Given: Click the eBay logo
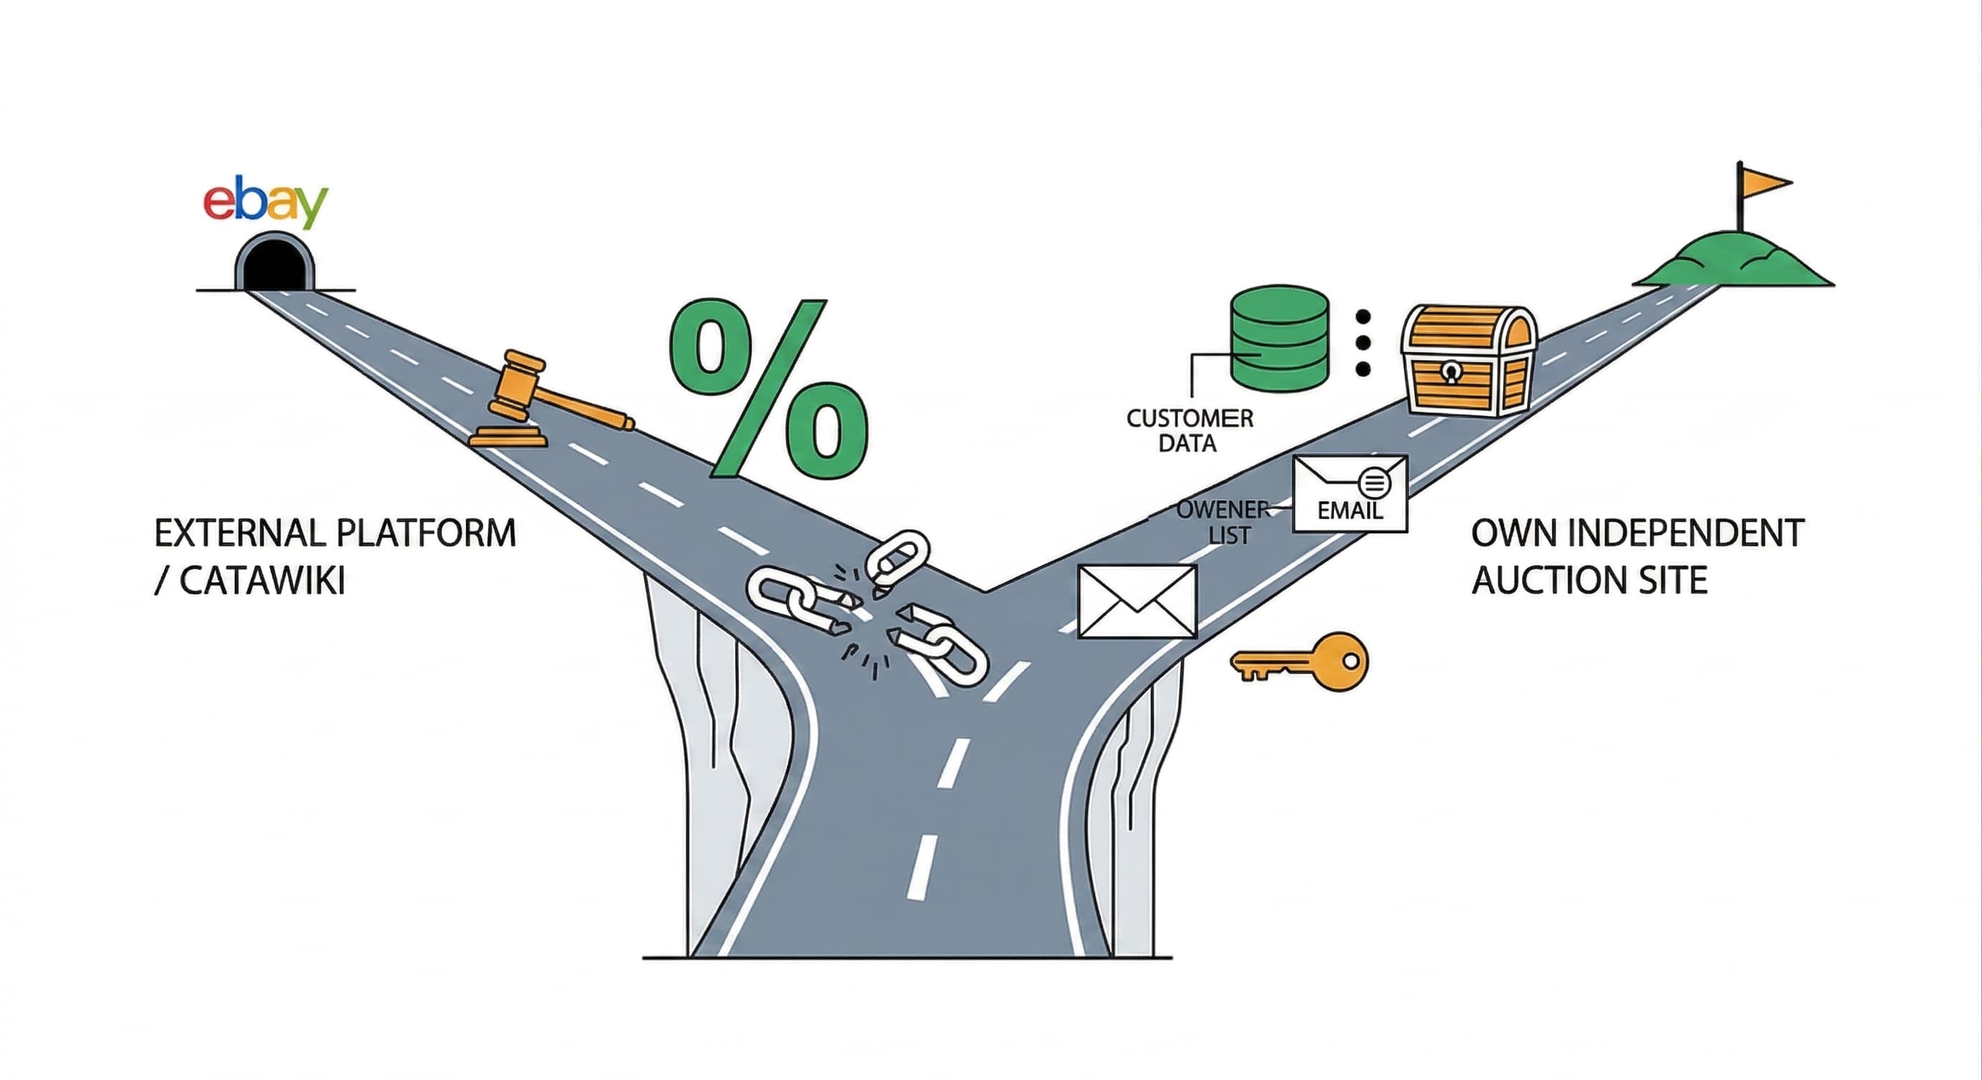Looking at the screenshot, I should click(x=265, y=202).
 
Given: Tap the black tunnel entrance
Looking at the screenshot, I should click(x=274, y=266).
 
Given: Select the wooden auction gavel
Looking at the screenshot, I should click(x=539, y=401).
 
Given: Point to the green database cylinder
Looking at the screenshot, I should click(x=1279, y=338).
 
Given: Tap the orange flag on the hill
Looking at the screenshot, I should click(x=1765, y=183).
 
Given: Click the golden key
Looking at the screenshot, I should click(x=1301, y=661).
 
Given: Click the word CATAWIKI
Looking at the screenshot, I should click(x=261, y=581).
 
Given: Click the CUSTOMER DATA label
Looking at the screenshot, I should click(x=1189, y=431).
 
